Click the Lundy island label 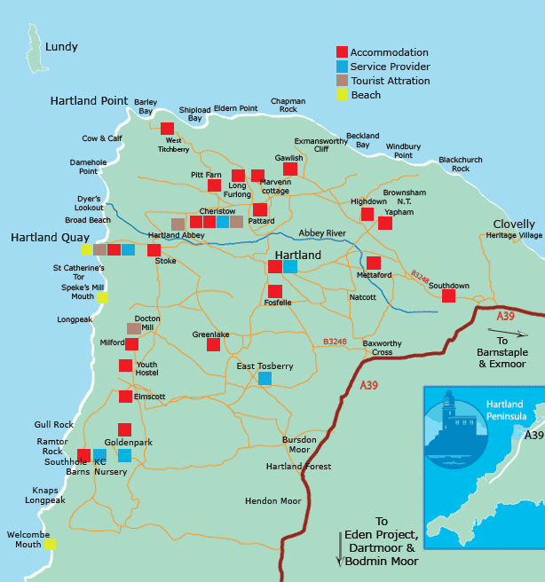(61, 47)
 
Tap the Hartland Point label (90, 100)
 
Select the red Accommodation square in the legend (342, 52)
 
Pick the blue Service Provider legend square (342, 67)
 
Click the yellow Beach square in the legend (342, 95)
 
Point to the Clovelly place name (514, 224)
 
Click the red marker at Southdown (448, 296)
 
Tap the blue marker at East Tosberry (265, 378)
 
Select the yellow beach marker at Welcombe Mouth (50, 544)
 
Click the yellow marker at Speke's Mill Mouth (102, 297)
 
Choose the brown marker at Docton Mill (133, 328)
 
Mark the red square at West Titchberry (167, 129)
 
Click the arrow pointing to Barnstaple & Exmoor (508, 334)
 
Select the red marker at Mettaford (374, 263)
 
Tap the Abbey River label (322, 233)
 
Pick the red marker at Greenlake (213, 344)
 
